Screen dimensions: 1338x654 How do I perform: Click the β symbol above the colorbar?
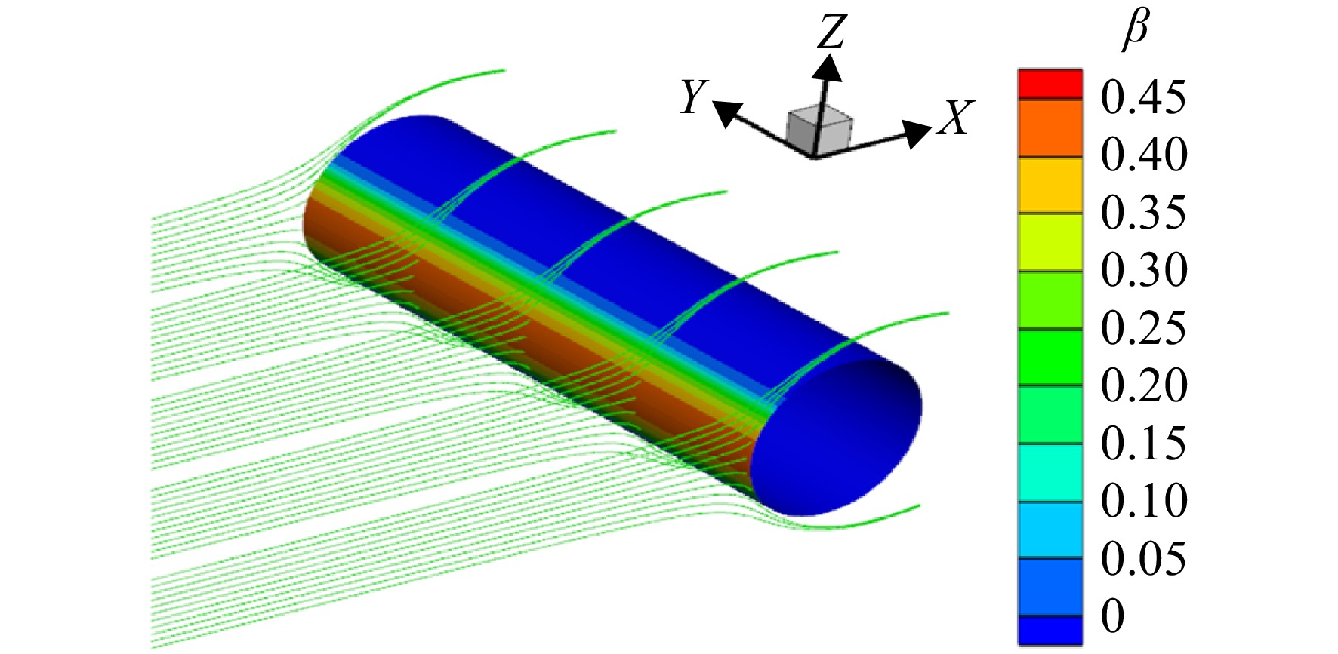pos(1135,31)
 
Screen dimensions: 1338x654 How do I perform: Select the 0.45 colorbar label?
pos(1143,97)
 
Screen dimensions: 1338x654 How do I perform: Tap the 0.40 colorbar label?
pos(1144,155)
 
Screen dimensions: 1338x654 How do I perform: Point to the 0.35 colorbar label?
pos(1143,212)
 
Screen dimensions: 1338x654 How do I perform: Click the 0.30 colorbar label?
pos(1144,269)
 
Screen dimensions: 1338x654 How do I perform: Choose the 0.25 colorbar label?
pos(1143,327)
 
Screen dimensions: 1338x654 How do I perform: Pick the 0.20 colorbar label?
pos(1144,385)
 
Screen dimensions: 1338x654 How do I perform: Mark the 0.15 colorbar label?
pos(1143,442)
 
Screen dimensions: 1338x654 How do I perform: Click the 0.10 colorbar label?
pos(1144,499)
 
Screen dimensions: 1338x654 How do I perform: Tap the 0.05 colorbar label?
pos(1143,557)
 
